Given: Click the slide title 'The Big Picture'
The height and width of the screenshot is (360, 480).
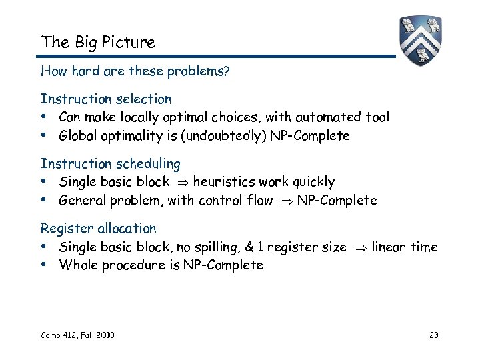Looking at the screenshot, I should click(97, 43).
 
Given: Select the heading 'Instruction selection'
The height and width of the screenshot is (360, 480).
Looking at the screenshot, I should click(106, 99).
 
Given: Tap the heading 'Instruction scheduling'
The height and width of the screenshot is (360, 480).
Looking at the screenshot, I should click(110, 163).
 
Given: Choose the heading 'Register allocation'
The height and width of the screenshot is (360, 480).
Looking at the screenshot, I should click(98, 229).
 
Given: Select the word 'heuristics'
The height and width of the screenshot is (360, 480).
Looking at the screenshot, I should click(223, 182).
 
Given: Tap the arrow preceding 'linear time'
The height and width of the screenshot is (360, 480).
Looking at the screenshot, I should click(359, 248).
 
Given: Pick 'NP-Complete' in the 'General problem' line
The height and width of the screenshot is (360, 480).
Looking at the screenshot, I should click(337, 200).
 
